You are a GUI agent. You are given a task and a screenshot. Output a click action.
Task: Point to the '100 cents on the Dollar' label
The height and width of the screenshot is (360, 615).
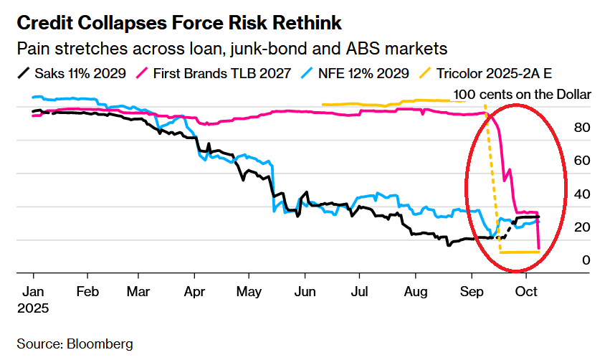pyautogui.click(x=523, y=95)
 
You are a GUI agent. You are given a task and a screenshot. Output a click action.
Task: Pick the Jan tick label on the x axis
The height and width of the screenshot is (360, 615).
pyautogui.click(x=33, y=293)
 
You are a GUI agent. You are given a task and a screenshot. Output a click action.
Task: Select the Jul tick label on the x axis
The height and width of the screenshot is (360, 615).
pyautogui.click(x=360, y=293)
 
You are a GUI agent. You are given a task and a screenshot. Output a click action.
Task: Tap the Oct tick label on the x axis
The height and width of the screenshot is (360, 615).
pyautogui.click(x=526, y=293)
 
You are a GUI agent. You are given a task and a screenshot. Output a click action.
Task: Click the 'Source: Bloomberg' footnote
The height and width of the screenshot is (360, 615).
pyautogui.click(x=75, y=344)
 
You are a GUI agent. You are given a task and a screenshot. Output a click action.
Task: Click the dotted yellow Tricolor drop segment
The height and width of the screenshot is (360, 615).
pyautogui.click(x=492, y=179)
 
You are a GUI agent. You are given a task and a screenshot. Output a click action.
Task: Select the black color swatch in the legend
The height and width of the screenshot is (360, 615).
pyautogui.click(x=24, y=73)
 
